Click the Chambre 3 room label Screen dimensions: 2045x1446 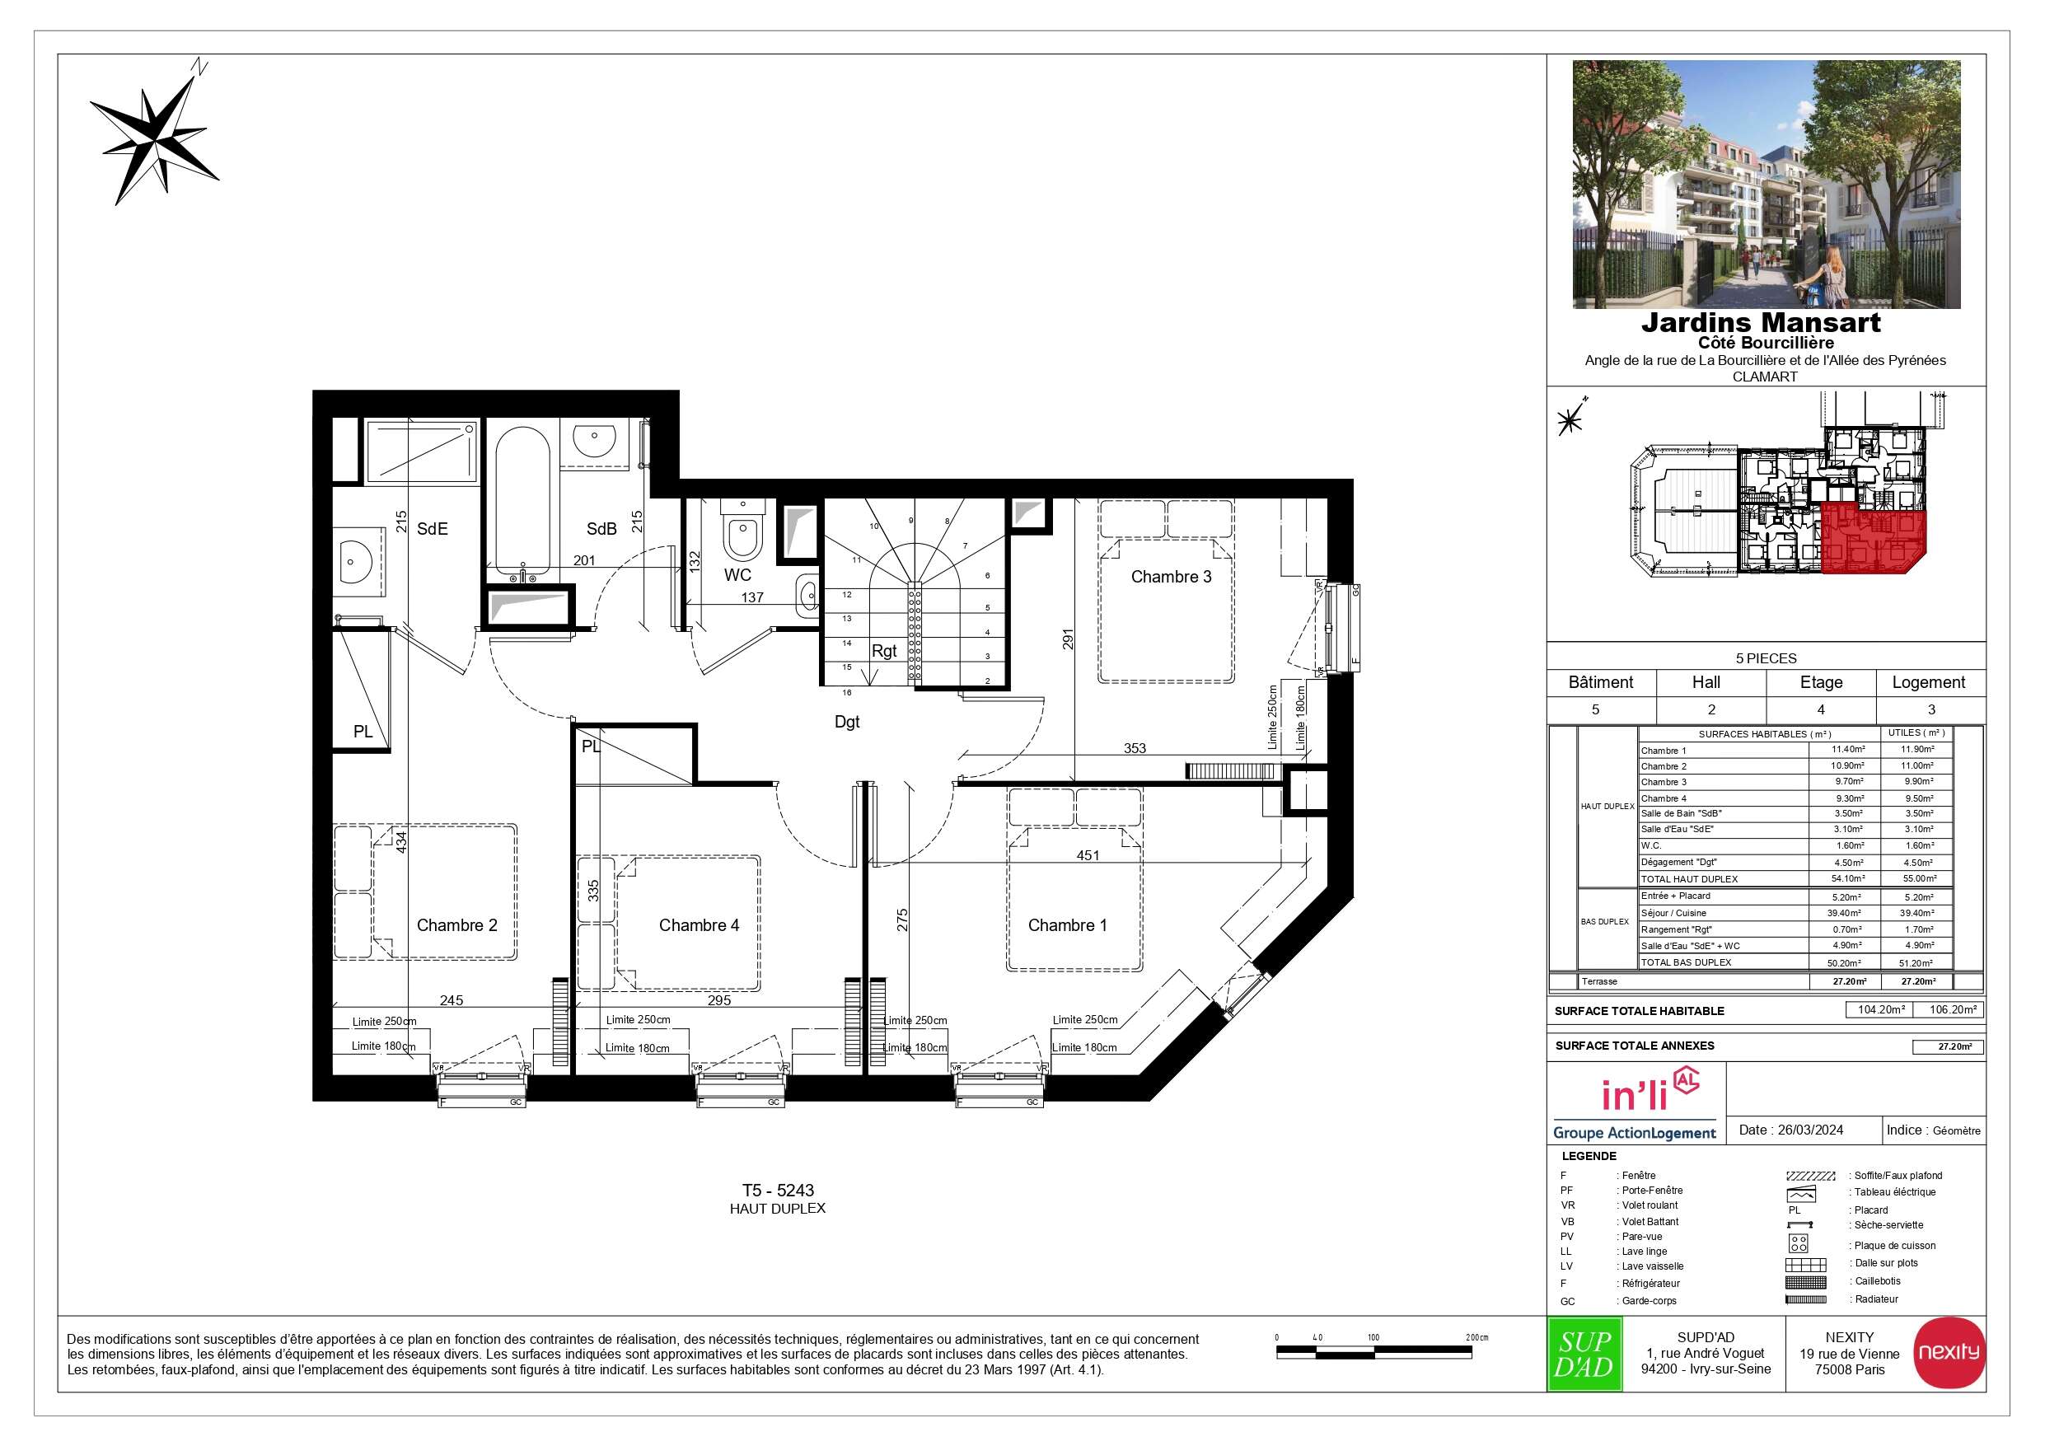point(1170,577)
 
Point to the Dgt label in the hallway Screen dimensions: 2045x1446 point(846,722)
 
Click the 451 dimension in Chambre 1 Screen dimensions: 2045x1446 point(1088,855)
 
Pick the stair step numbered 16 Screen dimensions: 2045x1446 point(847,692)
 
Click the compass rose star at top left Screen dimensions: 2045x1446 point(154,133)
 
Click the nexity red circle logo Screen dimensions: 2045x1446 point(1949,1351)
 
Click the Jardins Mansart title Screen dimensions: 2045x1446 point(1761,322)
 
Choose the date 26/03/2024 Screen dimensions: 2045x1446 point(1810,1130)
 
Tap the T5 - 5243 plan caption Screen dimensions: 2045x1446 point(778,1191)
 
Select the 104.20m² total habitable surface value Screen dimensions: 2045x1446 point(1881,1010)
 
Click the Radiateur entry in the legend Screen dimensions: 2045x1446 point(1877,1299)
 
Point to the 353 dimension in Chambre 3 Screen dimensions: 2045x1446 point(1134,748)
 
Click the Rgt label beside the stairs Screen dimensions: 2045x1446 point(883,651)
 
